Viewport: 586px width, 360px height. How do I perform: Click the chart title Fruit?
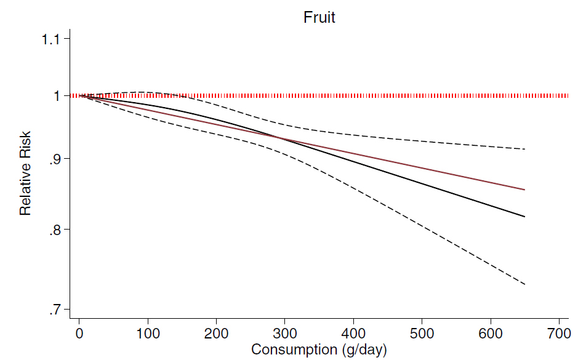tap(319, 17)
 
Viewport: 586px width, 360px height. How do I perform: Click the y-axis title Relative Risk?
tap(25, 172)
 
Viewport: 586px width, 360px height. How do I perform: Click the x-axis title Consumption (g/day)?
tap(319, 350)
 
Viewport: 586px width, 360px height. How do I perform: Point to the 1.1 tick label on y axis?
tap(52, 39)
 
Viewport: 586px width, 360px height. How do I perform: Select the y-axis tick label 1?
tap(57, 96)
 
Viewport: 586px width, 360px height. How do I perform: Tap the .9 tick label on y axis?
tap(55, 159)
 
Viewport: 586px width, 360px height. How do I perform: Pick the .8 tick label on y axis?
tap(55, 230)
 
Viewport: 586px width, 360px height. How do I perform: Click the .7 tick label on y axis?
tap(55, 310)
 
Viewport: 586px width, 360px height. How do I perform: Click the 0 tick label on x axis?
tap(79, 334)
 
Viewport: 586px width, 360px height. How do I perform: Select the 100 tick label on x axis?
tap(148, 334)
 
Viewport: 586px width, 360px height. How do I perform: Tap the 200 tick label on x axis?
tap(216, 334)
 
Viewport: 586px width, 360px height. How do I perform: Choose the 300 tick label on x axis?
tap(285, 334)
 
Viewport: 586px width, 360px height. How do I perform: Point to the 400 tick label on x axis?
tap(353, 334)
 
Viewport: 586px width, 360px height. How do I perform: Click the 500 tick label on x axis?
tap(422, 334)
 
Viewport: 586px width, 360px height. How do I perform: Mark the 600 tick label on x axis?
tap(491, 334)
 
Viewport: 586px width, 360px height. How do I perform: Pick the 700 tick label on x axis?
tap(559, 334)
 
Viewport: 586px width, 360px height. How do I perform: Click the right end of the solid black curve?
tap(524, 217)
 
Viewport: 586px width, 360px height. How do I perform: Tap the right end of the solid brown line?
tap(524, 190)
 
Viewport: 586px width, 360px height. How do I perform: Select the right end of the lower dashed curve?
tap(524, 284)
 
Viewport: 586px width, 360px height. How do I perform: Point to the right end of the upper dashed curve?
tap(524, 149)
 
